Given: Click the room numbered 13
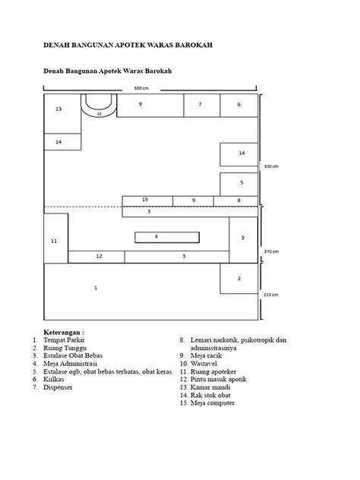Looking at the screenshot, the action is click(x=62, y=114).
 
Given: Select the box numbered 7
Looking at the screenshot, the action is click(x=202, y=106).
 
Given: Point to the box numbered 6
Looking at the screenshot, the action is click(x=238, y=106).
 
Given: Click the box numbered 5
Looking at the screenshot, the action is click(x=238, y=185).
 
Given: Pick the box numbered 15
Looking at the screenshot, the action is click(x=147, y=201).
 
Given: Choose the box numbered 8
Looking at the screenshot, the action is click(x=235, y=201).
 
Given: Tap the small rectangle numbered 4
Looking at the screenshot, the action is click(x=167, y=237).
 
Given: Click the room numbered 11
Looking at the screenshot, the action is click(x=56, y=238).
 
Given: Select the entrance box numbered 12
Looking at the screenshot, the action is click(x=96, y=257).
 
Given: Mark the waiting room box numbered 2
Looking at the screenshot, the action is click(x=238, y=279).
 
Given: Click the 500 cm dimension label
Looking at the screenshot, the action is click(x=141, y=88).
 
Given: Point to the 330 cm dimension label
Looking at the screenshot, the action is click(x=271, y=166).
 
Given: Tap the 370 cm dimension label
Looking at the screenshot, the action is click(x=271, y=251).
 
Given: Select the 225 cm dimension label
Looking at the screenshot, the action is click(x=271, y=295).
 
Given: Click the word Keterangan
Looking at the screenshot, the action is click(x=62, y=332).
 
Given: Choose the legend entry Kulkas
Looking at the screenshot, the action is click(x=54, y=379).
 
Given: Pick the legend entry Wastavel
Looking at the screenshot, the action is click(x=204, y=364).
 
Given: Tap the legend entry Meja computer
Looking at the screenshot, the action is click(x=213, y=403).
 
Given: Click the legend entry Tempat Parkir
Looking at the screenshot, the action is click(x=64, y=340).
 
